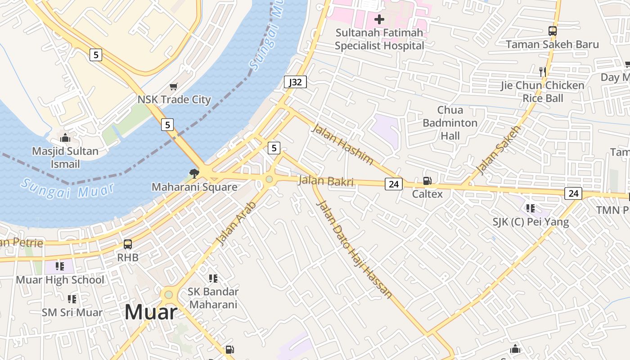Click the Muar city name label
point(151,312)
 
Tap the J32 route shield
point(295,82)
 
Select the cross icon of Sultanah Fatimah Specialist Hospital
point(379,19)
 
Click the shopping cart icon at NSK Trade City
point(174,86)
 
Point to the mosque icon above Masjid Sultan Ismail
point(65,138)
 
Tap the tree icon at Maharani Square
point(194,173)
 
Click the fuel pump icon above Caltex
point(427,181)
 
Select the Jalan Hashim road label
point(343,144)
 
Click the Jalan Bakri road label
point(325,181)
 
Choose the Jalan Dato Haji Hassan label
point(354,249)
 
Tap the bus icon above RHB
point(128,244)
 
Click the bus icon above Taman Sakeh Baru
point(552,31)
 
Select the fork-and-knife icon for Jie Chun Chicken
point(543,72)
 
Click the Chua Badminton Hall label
point(450,123)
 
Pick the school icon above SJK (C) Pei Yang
point(531,208)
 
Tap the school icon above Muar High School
point(60,266)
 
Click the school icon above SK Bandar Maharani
point(213,279)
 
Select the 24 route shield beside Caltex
point(393,184)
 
